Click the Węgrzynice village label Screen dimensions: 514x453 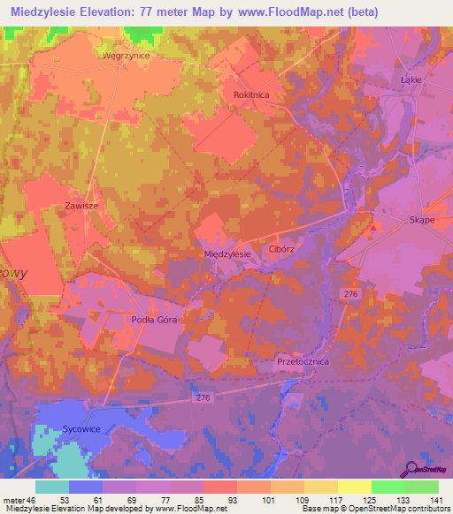126,55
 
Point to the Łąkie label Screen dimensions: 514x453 411,79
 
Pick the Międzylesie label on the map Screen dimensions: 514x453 227,253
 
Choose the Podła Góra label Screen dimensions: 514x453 155,321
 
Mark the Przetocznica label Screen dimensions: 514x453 303,361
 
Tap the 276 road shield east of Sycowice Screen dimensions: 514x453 203,399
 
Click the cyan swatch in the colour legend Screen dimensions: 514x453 52,487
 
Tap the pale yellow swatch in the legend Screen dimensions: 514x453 355,487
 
